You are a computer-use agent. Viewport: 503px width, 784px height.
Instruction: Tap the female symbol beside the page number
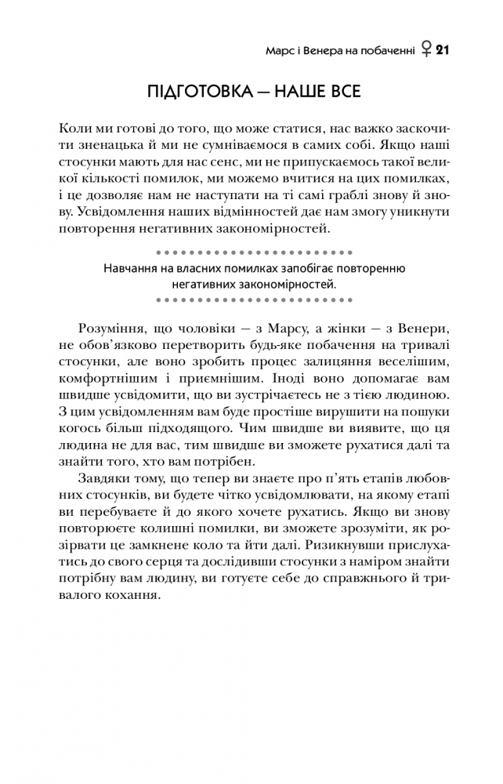click(425, 52)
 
